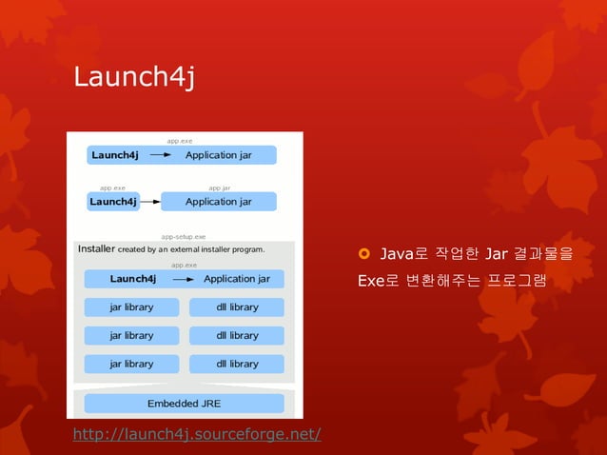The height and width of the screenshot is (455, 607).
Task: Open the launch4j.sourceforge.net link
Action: [197, 435]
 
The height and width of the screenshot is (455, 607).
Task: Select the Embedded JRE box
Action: [184, 403]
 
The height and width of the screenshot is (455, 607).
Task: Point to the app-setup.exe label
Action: [184, 236]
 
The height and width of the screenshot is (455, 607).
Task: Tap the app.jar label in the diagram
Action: [219, 188]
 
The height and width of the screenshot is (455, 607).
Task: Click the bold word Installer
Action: [96, 249]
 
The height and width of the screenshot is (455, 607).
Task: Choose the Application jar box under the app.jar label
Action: [218, 202]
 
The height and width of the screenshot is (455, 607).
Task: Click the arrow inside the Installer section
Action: [184, 279]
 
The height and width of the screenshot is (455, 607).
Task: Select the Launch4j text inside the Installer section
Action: [133, 279]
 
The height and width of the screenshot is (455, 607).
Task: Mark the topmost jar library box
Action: [131, 307]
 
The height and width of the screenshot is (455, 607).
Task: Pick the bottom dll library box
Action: [237, 364]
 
